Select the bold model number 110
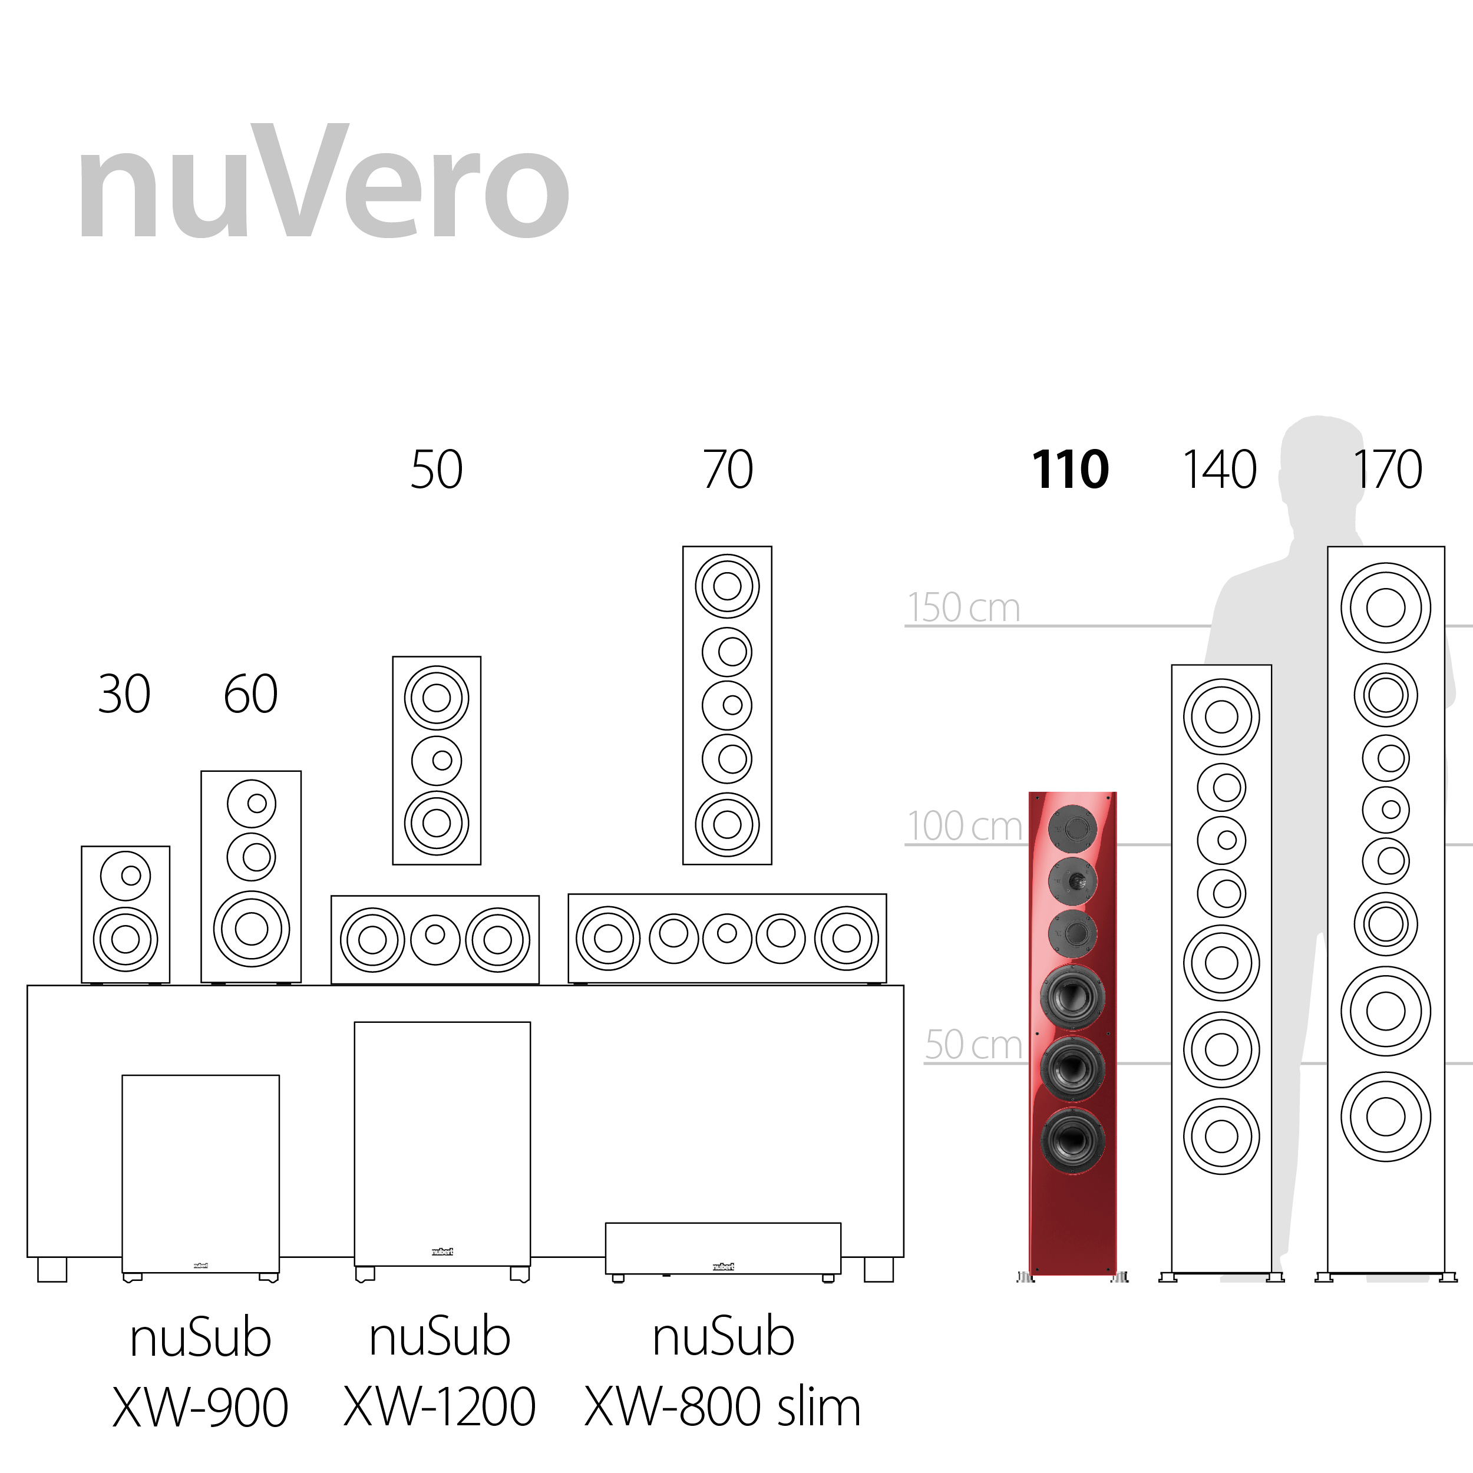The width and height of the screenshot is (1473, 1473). (1069, 469)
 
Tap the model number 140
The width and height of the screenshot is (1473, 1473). (1220, 469)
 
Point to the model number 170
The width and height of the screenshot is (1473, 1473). (1388, 469)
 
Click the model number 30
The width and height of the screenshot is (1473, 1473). (124, 694)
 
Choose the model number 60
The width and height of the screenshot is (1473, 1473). (251, 694)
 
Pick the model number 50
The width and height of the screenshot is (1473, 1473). (437, 469)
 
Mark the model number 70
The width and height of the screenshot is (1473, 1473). (728, 469)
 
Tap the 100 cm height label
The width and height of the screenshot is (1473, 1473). (965, 825)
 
